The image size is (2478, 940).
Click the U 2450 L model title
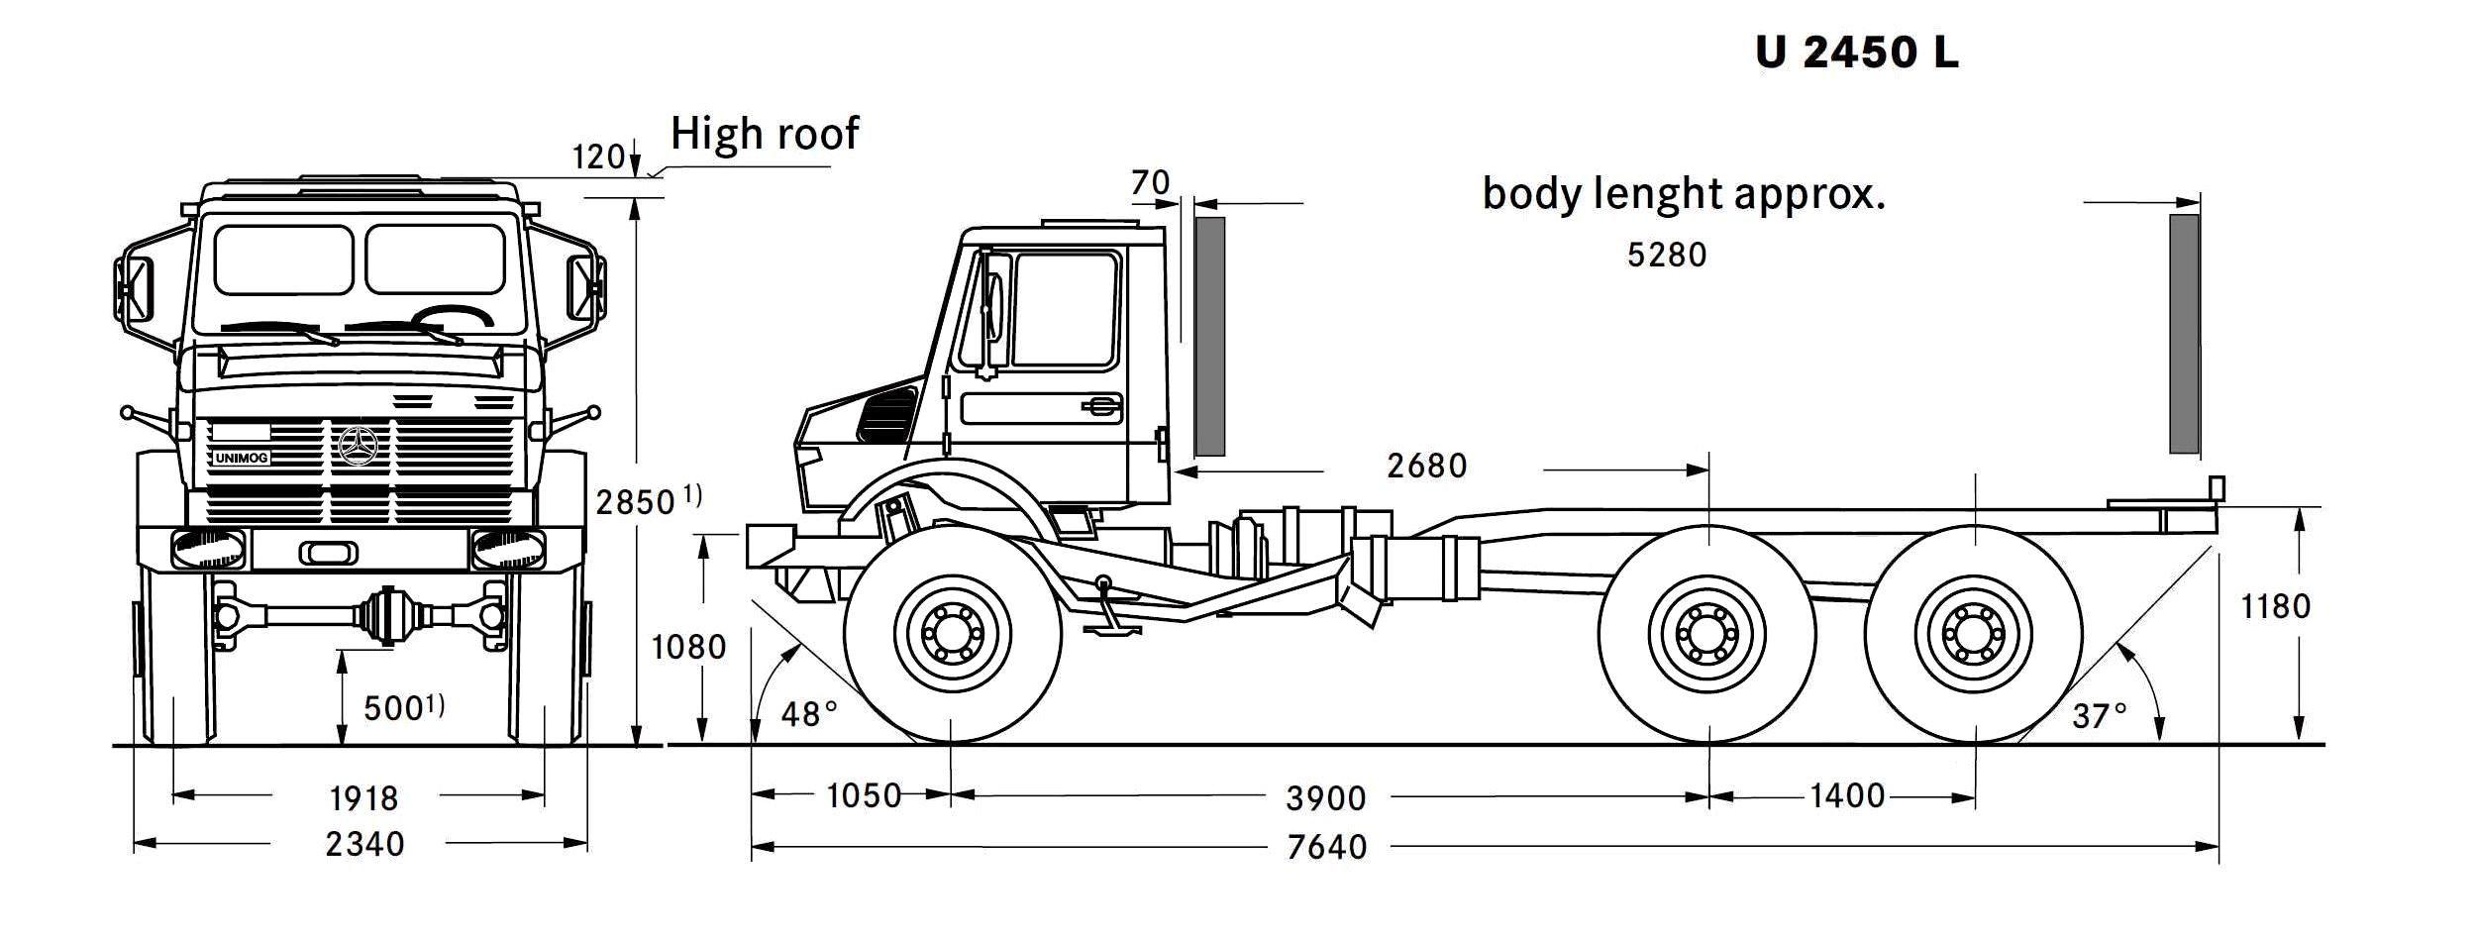tap(1857, 52)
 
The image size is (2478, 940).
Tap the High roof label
tap(765, 134)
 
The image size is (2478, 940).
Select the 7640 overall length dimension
tap(1327, 847)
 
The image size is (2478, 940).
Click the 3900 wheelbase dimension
tap(1326, 797)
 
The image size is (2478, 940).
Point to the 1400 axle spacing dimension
tap(1847, 795)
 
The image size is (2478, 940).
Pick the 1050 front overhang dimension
tap(864, 795)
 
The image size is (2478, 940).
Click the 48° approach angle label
tap(809, 713)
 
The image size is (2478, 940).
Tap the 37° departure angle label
tap(2100, 715)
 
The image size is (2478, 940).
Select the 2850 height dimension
tap(636, 503)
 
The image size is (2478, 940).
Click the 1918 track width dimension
tap(363, 797)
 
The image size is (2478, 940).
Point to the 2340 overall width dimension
tap(364, 844)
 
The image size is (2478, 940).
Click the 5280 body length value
tap(1667, 256)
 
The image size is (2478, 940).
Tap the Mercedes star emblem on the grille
tap(358, 448)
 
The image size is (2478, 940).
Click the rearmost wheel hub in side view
tap(1973, 631)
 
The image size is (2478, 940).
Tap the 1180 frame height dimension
tap(2275, 606)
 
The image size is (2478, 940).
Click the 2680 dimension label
tap(1426, 466)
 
